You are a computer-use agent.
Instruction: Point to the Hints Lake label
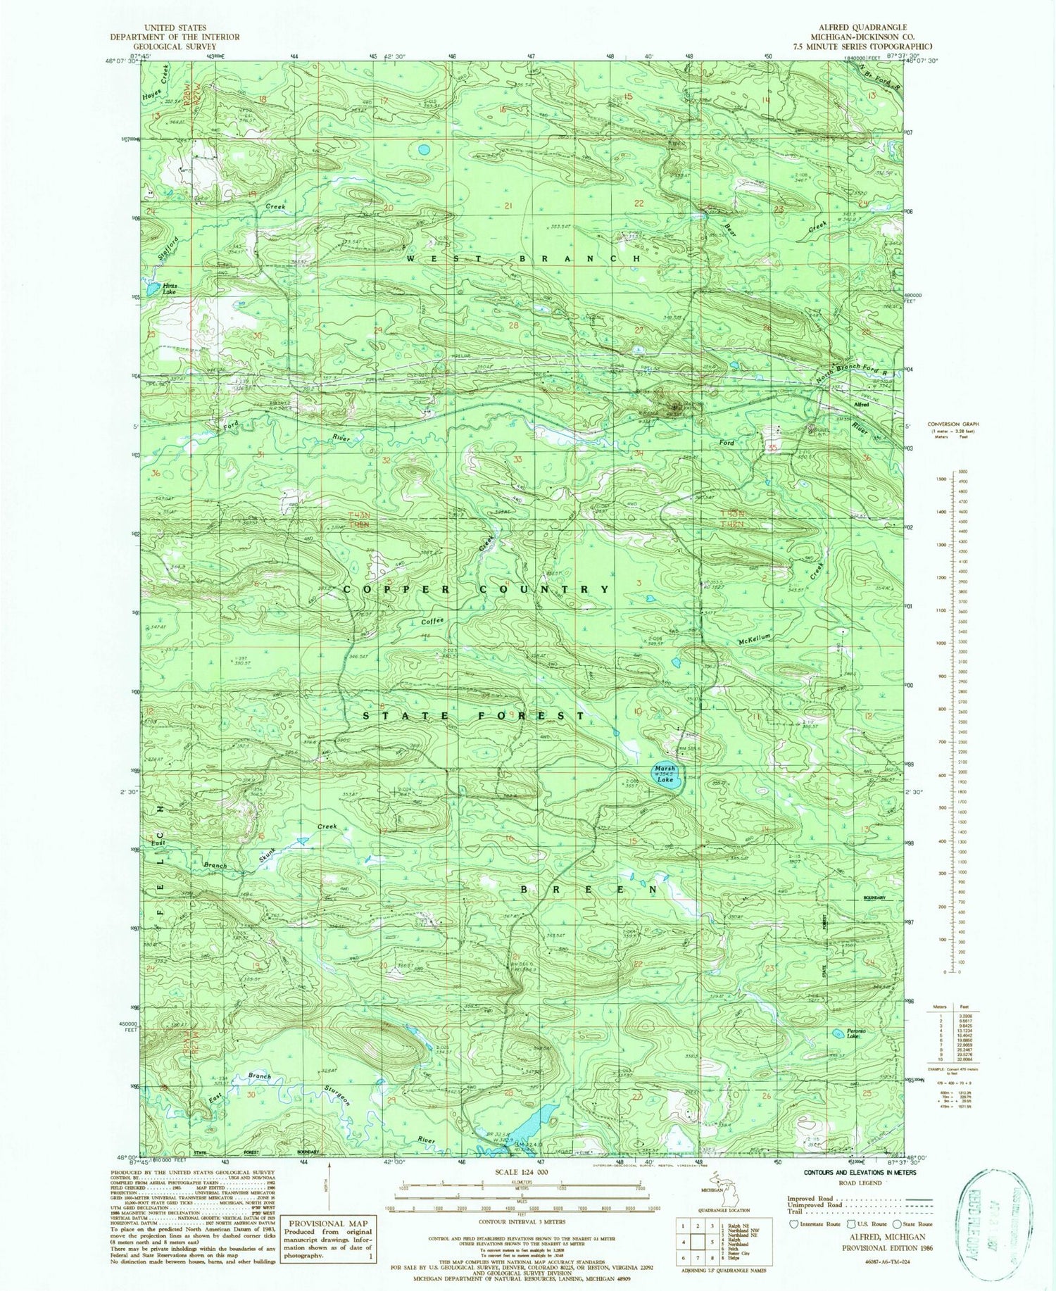click(168, 288)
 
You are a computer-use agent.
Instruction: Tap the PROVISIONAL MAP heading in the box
click(328, 1223)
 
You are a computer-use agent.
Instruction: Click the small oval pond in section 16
click(424, 149)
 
